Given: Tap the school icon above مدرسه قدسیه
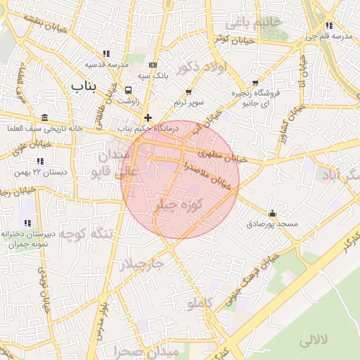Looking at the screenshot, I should pyautogui.click(x=106, y=53).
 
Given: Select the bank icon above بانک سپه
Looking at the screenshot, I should pyautogui.click(x=153, y=65).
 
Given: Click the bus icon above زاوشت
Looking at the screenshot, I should pyautogui.click(x=128, y=90).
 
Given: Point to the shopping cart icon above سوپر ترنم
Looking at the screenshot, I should pyautogui.click(x=188, y=92).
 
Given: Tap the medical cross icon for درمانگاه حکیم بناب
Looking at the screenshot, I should pyautogui.click(x=148, y=118).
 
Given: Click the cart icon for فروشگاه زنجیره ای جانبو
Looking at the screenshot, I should pyautogui.click(x=255, y=82).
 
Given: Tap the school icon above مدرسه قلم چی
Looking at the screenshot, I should pyautogui.click(x=329, y=26).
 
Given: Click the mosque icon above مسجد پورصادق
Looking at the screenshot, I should pyautogui.click(x=272, y=213).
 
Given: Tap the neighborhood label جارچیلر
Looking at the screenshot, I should pyautogui.click(x=141, y=264).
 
